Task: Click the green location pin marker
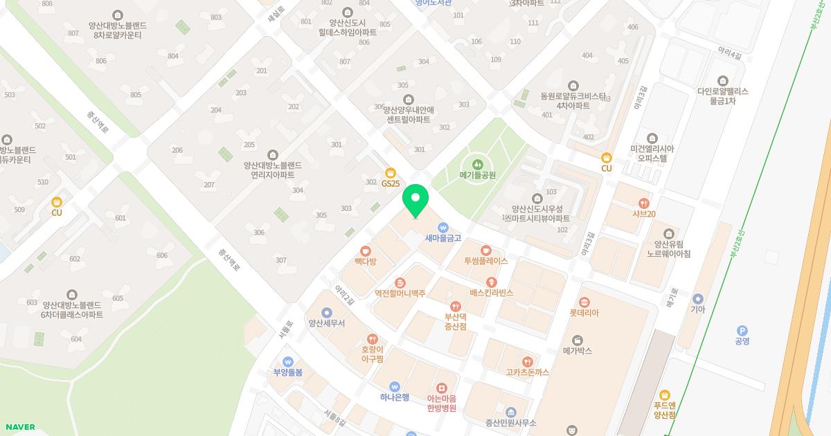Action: (415, 200)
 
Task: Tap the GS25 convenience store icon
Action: (390, 172)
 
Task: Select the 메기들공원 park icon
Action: (477, 164)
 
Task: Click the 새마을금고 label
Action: (443, 238)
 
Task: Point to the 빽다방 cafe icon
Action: (365, 251)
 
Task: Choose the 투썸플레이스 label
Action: (486, 261)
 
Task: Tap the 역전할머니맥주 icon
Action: (400, 282)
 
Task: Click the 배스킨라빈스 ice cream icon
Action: (492, 282)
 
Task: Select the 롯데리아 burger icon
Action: (584, 302)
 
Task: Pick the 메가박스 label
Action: (577, 351)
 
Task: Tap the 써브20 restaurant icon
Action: (644, 203)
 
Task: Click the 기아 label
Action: (697, 309)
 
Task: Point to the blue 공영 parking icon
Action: (742, 330)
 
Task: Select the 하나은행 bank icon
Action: (395, 386)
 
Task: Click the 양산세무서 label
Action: (327, 323)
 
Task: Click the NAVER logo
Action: (20, 427)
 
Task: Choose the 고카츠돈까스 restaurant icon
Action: (528, 361)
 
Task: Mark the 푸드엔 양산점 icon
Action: (665, 395)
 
